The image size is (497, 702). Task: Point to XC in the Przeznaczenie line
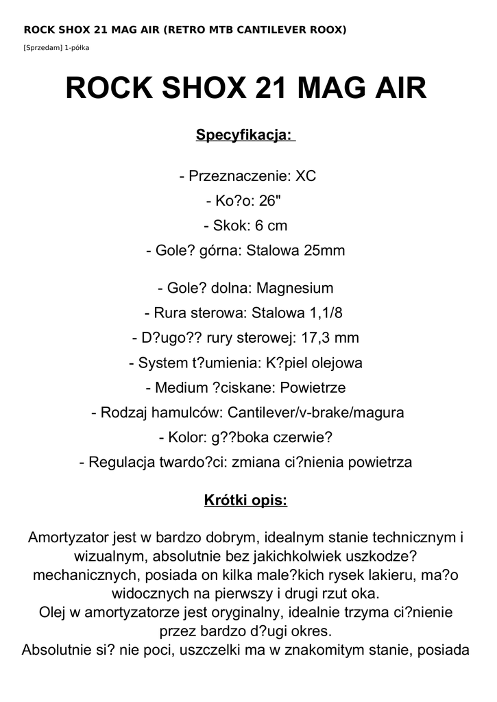tap(305, 176)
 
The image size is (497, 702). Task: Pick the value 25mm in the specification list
tap(325, 251)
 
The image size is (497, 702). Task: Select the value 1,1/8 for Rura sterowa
tap(325, 313)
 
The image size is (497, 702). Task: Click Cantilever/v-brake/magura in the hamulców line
tap(315, 413)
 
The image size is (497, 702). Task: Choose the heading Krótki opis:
tap(245, 500)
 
